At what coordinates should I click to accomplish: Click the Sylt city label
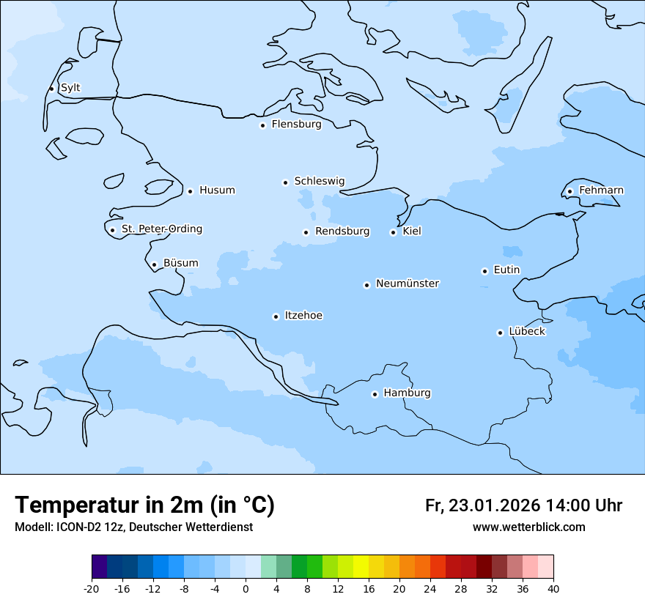pyautogui.click(x=70, y=88)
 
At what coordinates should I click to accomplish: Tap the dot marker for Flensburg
pyautogui.click(x=262, y=125)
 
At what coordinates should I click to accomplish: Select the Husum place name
pyautogui.click(x=217, y=190)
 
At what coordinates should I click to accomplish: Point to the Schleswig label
pyautogui.click(x=319, y=181)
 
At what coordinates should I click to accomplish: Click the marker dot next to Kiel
pyautogui.click(x=393, y=232)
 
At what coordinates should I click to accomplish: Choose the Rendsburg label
pyautogui.click(x=342, y=231)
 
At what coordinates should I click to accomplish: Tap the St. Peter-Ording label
pyautogui.click(x=161, y=229)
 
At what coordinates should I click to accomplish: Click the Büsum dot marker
pyautogui.click(x=154, y=264)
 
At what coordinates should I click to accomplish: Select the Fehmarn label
pyautogui.click(x=601, y=190)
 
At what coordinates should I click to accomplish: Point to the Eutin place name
pyautogui.click(x=506, y=270)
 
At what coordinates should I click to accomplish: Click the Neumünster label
pyautogui.click(x=408, y=283)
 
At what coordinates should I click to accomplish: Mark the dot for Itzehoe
pyautogui.click(x=276, y=316)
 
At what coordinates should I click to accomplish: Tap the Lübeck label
pyautogui.click(x=527, y=332)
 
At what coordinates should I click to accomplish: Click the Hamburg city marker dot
pyautogui.click(x=375, y=394)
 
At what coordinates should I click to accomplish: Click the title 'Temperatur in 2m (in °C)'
pyautogui.click(x=144, y=505)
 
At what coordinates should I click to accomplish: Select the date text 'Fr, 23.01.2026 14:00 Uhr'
pyautogui.click(x=523, y=506)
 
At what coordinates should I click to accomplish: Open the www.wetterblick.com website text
pyautogui.click(x=528, y=527)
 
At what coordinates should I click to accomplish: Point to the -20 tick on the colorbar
pyautogui.click(x=92, y=588)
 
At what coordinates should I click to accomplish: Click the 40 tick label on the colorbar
pyautogui.click(x=553, y=588)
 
